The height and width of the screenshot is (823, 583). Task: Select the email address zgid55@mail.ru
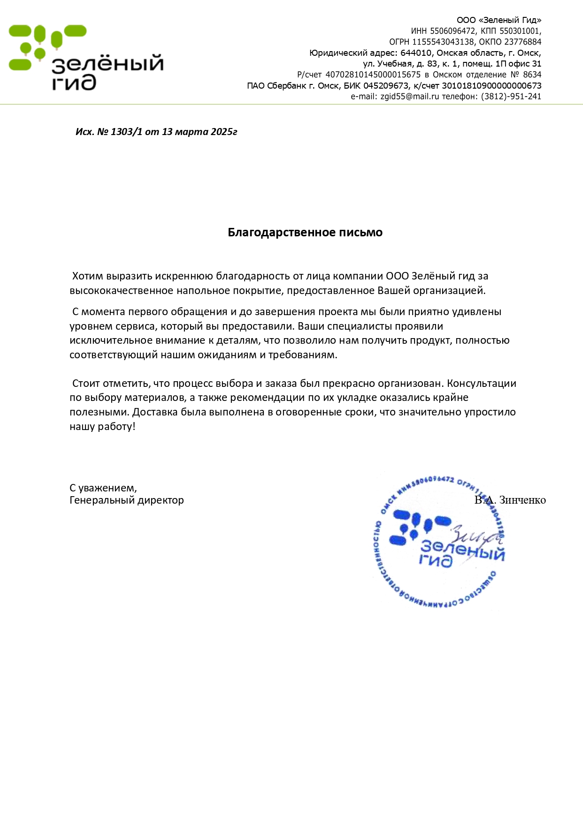tap(409, 97)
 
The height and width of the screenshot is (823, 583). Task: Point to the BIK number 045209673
tap(385, 86)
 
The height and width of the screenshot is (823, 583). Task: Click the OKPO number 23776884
tap(522, 42)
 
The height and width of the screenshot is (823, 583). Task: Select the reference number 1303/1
tap(126, 132)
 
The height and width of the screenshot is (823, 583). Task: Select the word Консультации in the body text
tap(481, 384)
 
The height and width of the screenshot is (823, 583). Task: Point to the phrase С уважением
tap(103, 488)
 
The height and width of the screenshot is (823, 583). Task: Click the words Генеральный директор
tap(127, 500)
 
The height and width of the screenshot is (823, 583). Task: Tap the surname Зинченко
tap(522, 500)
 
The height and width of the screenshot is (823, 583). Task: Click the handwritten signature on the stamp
tap(474, 535)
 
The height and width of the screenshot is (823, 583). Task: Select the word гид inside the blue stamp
tap(436, 560)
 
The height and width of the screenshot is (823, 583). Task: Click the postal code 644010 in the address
tap(415, 53)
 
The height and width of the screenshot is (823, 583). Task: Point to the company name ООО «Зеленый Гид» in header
tap(499, 20)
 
